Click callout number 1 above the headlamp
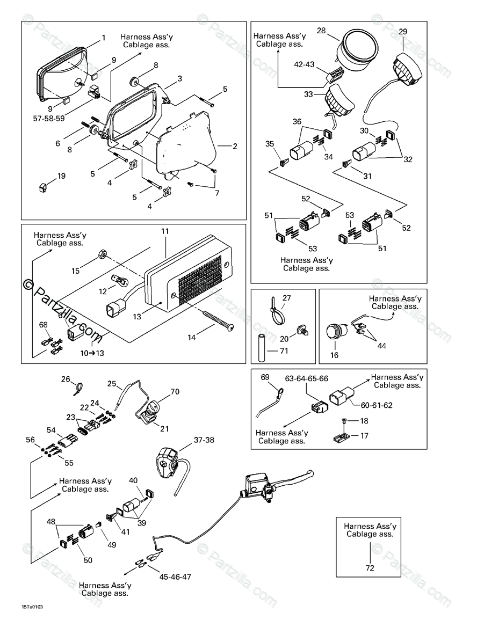104,38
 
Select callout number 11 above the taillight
165,231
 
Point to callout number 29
403,32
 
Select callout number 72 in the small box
370,567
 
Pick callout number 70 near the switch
175,391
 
